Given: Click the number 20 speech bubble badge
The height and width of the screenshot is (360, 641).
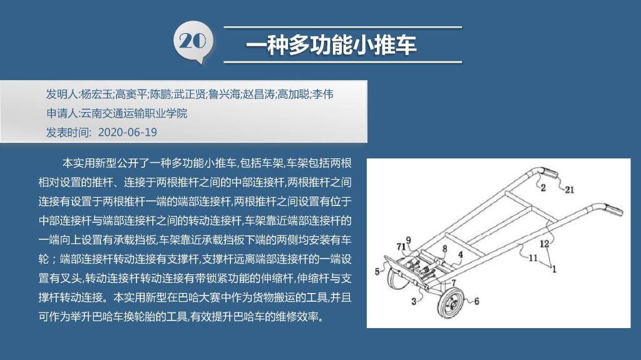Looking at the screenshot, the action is (193, 42).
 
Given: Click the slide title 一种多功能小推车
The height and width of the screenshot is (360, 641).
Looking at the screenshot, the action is (331, 45).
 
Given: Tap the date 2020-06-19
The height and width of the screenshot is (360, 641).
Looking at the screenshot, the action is (128, 132).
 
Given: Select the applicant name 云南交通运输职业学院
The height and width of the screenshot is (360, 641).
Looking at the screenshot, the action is (134, 113).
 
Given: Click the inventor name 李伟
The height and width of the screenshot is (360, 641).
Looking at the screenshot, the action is (322, 95).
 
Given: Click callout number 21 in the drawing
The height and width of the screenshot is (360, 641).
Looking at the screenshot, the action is (570, 190).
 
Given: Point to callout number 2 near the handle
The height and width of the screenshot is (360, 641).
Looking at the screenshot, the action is (543, 188).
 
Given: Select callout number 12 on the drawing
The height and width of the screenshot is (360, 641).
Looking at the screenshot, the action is (544, 244).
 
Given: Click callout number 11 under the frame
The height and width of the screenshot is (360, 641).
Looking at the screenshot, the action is (533, 258).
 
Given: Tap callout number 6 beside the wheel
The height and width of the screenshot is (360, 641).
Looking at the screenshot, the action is (476, 302).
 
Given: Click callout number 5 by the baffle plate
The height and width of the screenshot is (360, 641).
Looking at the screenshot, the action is (377, 271).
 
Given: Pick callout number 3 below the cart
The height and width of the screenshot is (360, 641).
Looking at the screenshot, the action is (414, 302).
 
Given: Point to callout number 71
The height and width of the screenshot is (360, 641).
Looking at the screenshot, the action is (401, 246).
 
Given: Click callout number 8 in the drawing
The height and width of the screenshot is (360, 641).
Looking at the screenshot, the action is (445, 249).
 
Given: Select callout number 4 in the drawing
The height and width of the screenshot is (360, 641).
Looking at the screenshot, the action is (460, 254).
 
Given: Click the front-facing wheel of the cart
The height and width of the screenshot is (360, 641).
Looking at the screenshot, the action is (450, 303).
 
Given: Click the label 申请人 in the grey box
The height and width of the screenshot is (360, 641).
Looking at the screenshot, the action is (62, 113).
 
